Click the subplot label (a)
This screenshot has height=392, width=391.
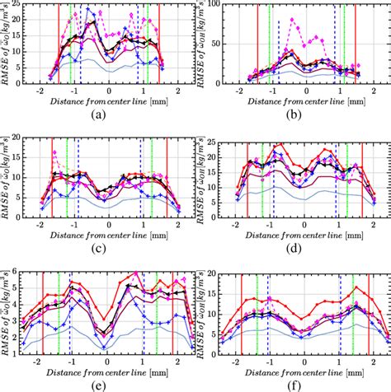99,114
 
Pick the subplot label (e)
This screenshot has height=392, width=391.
99,384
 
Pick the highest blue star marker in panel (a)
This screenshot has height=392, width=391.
88,9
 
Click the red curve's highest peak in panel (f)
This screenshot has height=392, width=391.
356,287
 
